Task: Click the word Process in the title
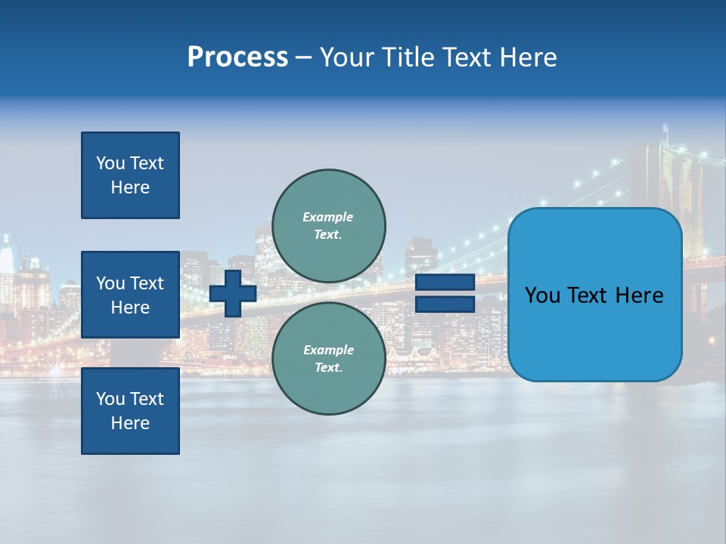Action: (x=237, y=57)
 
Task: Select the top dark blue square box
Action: (x=130, y=175)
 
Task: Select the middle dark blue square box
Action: (x=130, y=295)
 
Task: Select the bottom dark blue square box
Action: (x=130, y=411)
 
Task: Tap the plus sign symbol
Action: (x=233, y=293)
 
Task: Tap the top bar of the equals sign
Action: (x=445, y=283)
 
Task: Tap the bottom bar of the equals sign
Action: (x=445, y=304)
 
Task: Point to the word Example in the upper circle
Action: (x=328, y=217)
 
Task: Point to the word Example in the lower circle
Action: (x=328, y=350)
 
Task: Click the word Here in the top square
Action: (x=130, y=187)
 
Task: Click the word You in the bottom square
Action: (x=110, y=399)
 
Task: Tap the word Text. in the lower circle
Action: (x=328, y=368)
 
